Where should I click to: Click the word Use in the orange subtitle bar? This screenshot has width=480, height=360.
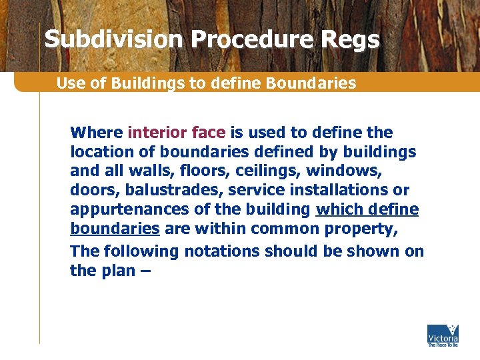point(69,83)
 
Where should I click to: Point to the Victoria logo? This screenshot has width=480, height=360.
point(442,335)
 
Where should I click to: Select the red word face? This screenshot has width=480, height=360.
point(207,132)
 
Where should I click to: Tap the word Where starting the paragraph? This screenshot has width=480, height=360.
point(97,132)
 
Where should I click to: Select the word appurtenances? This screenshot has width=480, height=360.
point(129,209)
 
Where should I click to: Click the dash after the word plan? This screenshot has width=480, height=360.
point(145,271)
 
